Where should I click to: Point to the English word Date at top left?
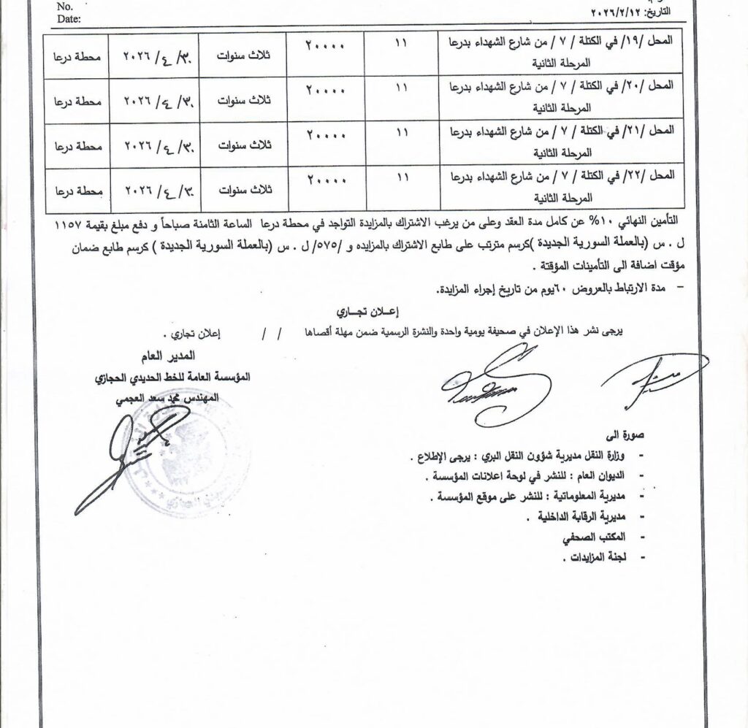pyautogui.click(x=69, y=19)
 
